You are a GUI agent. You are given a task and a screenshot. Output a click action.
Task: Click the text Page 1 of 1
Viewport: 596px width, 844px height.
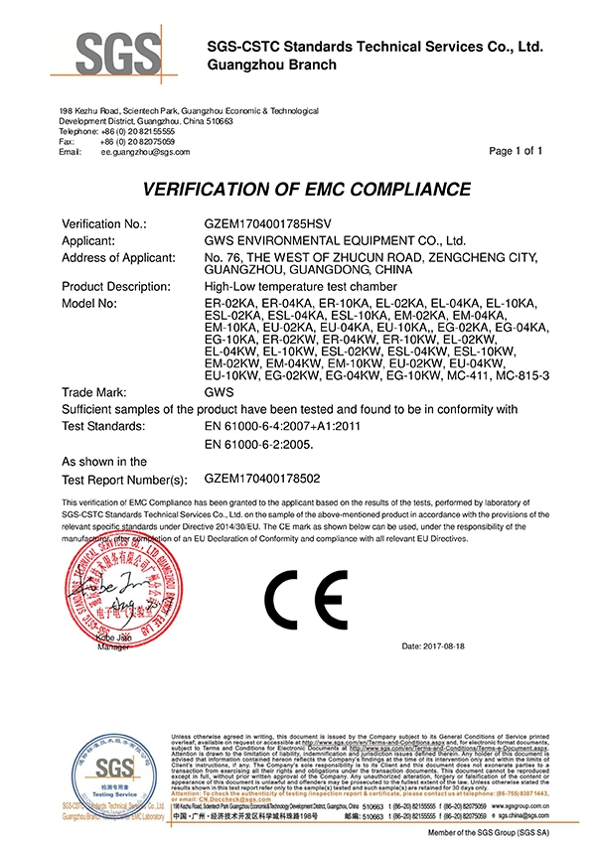[517, 151]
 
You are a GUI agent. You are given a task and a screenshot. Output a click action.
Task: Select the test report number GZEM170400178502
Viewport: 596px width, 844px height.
[265, 477]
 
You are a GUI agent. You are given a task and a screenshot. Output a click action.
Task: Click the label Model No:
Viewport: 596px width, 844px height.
[89, 302]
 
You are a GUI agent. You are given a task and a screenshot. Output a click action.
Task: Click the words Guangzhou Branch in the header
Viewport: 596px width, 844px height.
[271, 65]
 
